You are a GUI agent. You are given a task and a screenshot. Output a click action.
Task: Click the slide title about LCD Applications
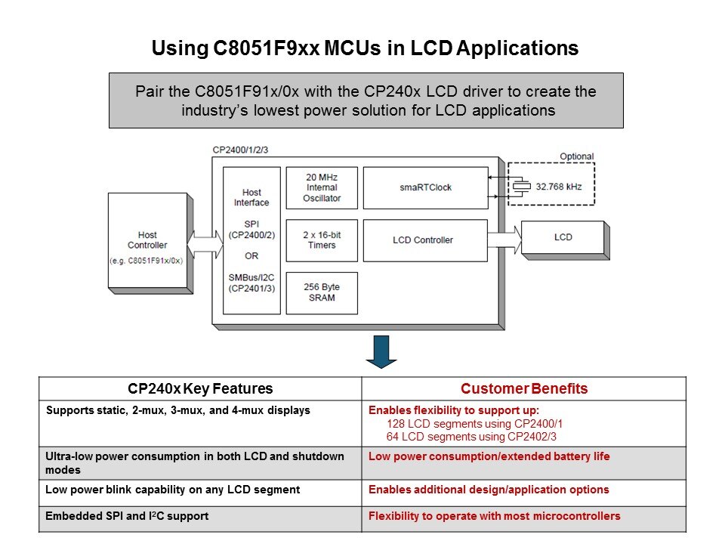click(x=365, y=49)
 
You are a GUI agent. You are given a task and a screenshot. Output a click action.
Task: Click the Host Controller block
click(x=147, y=240)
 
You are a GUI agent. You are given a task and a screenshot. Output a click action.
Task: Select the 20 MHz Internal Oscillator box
click(x=322, y=188)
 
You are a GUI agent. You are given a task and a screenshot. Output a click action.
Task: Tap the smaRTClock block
click(x=424, y=187)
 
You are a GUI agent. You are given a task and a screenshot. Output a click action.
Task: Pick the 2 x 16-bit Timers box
click(x=322, y=240)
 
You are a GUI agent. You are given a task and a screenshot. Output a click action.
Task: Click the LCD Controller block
click(x=424, y=240)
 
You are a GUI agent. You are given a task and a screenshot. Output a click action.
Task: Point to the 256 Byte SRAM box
click(x=322, y=292)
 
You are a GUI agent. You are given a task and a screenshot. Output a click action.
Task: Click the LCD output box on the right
click(x=563, y=237)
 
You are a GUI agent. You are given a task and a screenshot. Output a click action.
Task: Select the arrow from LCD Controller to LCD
click(x=504, y=239)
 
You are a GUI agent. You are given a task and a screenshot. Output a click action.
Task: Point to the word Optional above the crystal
click(x=576, y=156)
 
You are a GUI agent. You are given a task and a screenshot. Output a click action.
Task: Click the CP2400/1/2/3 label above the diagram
click(x=240, y=150)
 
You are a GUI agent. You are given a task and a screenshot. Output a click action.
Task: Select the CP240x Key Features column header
click(x=200, y=389)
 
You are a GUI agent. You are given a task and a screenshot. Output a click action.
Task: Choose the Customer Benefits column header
click(x=524, y=389)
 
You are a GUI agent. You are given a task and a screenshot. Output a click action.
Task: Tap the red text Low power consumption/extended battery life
click(x=489, y=457)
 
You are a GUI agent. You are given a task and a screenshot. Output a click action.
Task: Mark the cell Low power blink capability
click(x=172, y=490)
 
